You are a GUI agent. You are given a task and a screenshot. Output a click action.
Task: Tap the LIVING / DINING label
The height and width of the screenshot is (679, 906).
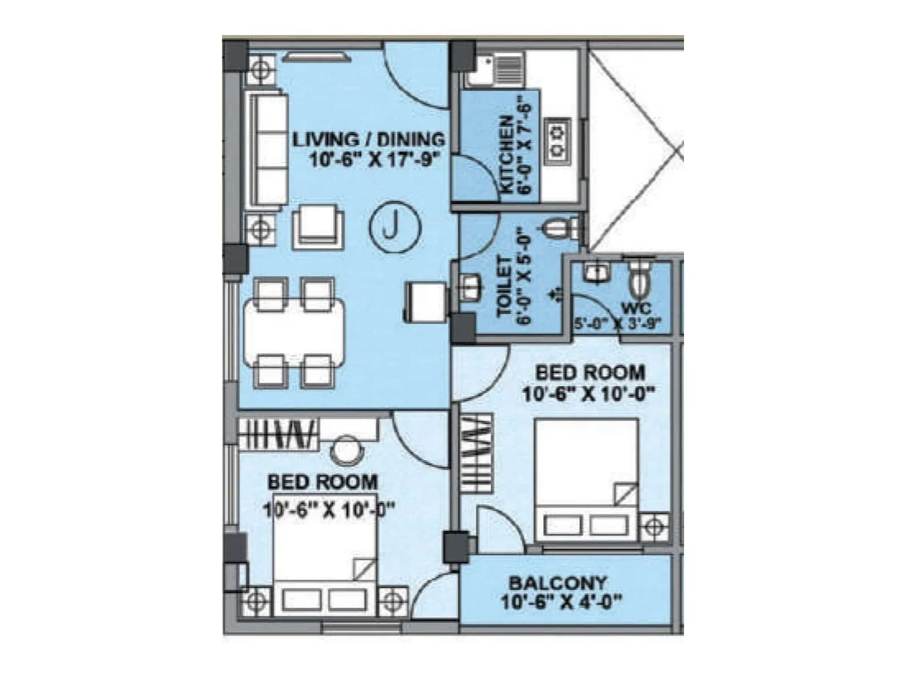pos(369,139)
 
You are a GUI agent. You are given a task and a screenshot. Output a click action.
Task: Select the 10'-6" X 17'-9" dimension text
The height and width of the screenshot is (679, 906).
pos(375,160)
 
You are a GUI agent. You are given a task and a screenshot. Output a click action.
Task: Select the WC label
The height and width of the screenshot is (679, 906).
pos(636,309)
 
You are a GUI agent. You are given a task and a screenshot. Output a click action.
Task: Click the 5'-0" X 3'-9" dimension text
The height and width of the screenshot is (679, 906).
pos(617,325)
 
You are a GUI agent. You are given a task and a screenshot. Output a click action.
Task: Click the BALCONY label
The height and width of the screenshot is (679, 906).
pos(557,583)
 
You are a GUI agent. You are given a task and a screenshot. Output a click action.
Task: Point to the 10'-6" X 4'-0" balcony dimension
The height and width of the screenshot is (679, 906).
pos(561,601)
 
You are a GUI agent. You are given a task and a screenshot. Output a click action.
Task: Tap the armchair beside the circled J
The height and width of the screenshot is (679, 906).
pos(318,227)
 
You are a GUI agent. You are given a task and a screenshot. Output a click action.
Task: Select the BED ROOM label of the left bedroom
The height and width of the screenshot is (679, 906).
pos(322,483)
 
